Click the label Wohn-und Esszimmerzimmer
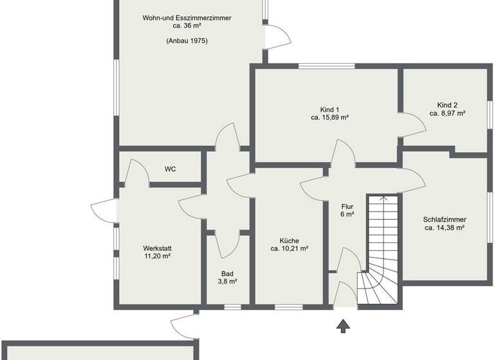187,18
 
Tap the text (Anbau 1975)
187,40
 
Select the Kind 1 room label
329,109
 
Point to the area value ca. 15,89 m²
329,118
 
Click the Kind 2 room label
447,104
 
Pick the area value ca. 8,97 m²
447,113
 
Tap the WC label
170,170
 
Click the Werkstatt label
157,248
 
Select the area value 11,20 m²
157,256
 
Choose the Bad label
226,273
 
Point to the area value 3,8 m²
226,282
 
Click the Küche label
289,240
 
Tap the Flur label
347,206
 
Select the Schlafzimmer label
444,219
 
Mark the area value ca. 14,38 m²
444,228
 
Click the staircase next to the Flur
383,251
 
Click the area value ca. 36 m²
187,26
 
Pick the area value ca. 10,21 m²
289,248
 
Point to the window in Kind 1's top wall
326,66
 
